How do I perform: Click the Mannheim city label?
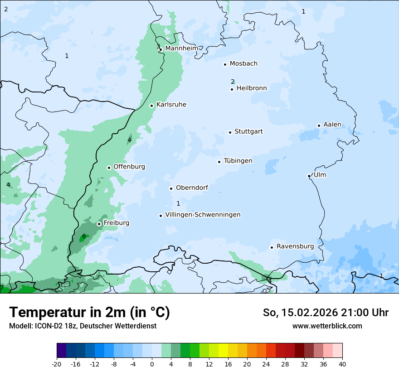pos(181,48)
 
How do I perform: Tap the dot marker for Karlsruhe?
pos(152,106)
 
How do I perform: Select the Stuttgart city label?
pos(248,132)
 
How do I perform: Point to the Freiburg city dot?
pos(99,224)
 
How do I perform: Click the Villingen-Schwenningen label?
pos(203,215)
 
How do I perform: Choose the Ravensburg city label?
pos(295,246)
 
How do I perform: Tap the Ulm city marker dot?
pos(309,176)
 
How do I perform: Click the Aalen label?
pos(332,125)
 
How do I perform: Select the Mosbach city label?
pos(243,64)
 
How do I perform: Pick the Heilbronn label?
pos(252,88)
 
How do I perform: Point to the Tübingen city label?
pos(238,161)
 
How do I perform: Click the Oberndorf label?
pos(192,188)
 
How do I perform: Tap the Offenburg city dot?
pos(109,168)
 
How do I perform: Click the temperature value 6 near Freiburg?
pos(84,236)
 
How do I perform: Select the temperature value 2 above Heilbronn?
pos(233,82)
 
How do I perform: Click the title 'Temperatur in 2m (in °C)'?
pos(89,313)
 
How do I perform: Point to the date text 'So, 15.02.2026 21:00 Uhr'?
pos(326,313)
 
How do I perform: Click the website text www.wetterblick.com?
pos(327,326)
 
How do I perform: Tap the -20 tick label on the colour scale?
pos(57,364)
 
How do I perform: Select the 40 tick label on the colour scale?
pos(342,364)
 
